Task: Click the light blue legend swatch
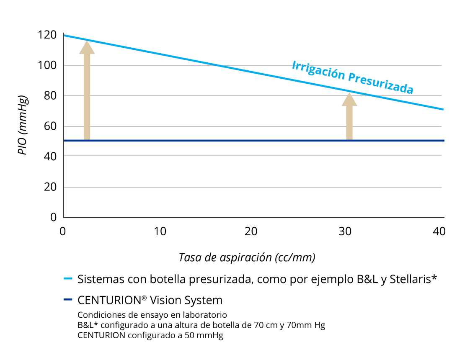68,278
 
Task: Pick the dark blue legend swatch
68,300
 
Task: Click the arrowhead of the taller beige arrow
87,48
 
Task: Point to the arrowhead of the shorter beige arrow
349,100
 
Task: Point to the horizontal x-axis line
251,218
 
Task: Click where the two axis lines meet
63,218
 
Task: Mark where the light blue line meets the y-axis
64,35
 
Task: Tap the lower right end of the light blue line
443,109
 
